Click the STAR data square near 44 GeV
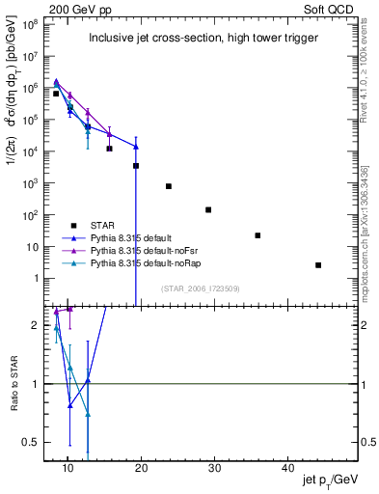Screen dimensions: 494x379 [x=318, y=265]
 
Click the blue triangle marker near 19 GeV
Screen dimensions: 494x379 [x=136, y=147]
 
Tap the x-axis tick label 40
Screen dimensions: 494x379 [x=287, y=469]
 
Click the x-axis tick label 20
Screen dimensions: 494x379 [x=141, y=469]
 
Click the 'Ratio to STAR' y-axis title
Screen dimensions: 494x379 [x=14, y=383]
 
